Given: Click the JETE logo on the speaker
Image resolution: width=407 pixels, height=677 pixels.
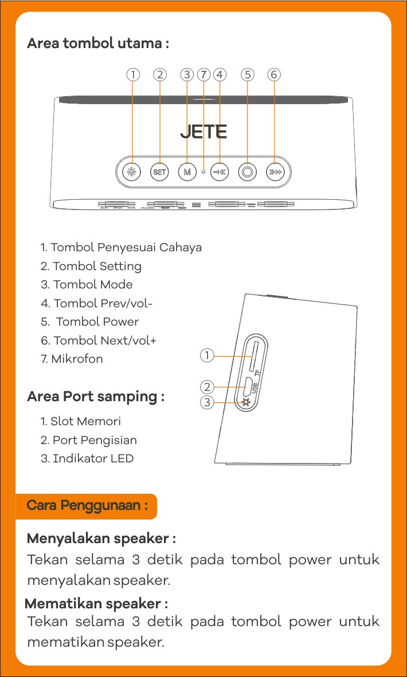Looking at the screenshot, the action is tap(203, 132).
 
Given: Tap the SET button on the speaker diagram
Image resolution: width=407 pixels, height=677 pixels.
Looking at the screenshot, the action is tap(159, 172).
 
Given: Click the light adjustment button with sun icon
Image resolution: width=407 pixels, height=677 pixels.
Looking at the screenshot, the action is tap(131, 172).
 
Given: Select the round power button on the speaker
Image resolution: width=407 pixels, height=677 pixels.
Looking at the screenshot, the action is tap(248, 172).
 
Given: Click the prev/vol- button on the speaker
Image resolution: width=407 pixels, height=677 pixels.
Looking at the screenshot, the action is tap(220, 172).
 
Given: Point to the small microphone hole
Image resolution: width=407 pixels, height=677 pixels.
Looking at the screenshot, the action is tap(203, 172).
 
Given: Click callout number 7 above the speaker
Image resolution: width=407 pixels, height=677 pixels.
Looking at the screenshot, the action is tap(203, 75).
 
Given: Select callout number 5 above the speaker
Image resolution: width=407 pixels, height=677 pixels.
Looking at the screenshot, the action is tap(248, 75).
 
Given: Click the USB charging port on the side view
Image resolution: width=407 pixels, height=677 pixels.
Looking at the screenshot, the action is tap(247, 387).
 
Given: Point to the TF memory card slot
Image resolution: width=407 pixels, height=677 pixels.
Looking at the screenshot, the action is tap(253, 355).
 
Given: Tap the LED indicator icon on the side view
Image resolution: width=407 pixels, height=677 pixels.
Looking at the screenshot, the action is tap(246, 403).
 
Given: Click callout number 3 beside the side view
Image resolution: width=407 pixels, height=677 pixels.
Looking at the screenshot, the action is tap(207, 403).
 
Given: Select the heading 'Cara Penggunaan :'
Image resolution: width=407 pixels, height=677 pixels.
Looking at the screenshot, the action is tap(87, 505).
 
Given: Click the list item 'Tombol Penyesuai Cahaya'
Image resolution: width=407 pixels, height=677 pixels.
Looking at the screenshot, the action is tap(121, 248).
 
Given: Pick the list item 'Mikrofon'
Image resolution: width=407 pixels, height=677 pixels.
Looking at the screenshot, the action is tap(72, 359).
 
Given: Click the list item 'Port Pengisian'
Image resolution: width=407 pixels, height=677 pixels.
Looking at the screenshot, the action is tap(89, 441).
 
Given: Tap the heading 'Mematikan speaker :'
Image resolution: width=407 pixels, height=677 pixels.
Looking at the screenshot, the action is tap(96, 603).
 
